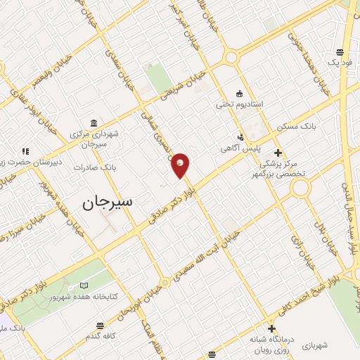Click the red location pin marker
click(181, 165)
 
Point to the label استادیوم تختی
click(240, 104)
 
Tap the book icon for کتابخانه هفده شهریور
click(84, 285)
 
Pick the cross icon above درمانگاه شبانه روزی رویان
click(271, 328)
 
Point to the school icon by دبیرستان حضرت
click(25, 150)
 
